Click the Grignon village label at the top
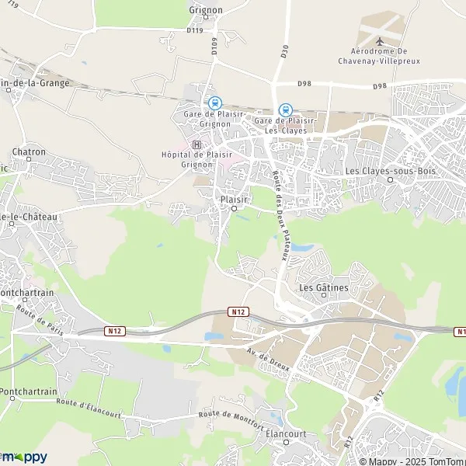click(x=206, y=10)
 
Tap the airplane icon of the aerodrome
click(x=379, y=41)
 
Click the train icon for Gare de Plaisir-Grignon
click(x=214, y=103)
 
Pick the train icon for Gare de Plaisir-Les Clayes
click(x=286, y=110)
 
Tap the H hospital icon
click(x=196, y=144)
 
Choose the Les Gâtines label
click(x=324, y=287)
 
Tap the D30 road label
click(x=284, y=51)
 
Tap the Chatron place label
click(x=30, y=153)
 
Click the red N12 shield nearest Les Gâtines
click(x=238, y=311)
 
